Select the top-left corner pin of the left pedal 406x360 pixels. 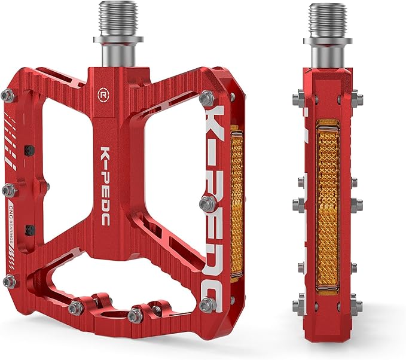(8, 95)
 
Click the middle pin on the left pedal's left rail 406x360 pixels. (8, 190)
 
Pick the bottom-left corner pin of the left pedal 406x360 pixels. (8, 281)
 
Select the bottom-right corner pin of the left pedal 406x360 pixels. (207, 305)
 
